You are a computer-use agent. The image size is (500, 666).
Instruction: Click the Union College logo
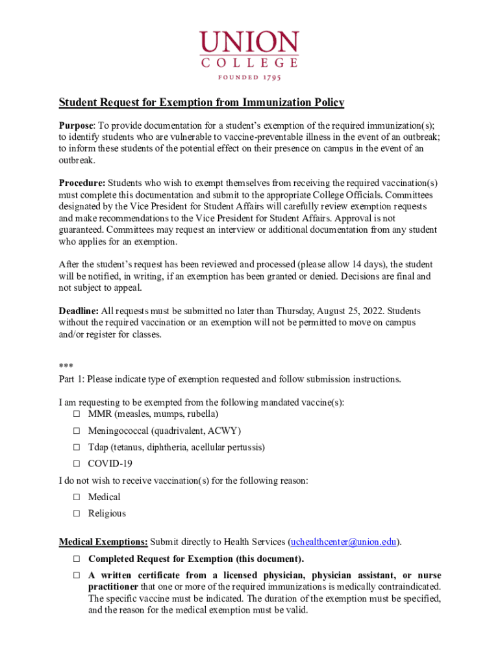(x=249, y=52)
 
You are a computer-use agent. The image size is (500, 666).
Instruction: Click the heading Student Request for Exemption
(x=201, y=103)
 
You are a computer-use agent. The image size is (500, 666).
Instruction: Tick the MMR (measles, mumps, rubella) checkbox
(x=76, y=414)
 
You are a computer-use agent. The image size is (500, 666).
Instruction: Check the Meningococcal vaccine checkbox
(x=76, y=431)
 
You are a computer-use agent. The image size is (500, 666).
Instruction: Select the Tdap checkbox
(x=76, y=447)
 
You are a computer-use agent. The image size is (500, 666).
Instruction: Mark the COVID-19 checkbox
(x=76, y=464)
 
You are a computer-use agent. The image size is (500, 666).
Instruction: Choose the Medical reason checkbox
(x=76, y=497)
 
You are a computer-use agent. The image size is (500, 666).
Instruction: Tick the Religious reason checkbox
(x=76, y=513)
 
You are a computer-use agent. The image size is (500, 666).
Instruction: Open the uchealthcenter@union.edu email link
(x=344, y=542)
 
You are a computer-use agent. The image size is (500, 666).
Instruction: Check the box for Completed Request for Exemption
(x=76, y=559)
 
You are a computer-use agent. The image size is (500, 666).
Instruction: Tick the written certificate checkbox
(x=76, y=576)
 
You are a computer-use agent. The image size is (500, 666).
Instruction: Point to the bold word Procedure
(x=82, y=183)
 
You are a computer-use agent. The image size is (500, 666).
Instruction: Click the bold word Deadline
(x=79, y=311)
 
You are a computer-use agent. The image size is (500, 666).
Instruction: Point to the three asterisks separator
(x=66, y=367)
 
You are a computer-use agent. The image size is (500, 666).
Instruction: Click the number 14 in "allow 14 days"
(x=358, y=265)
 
